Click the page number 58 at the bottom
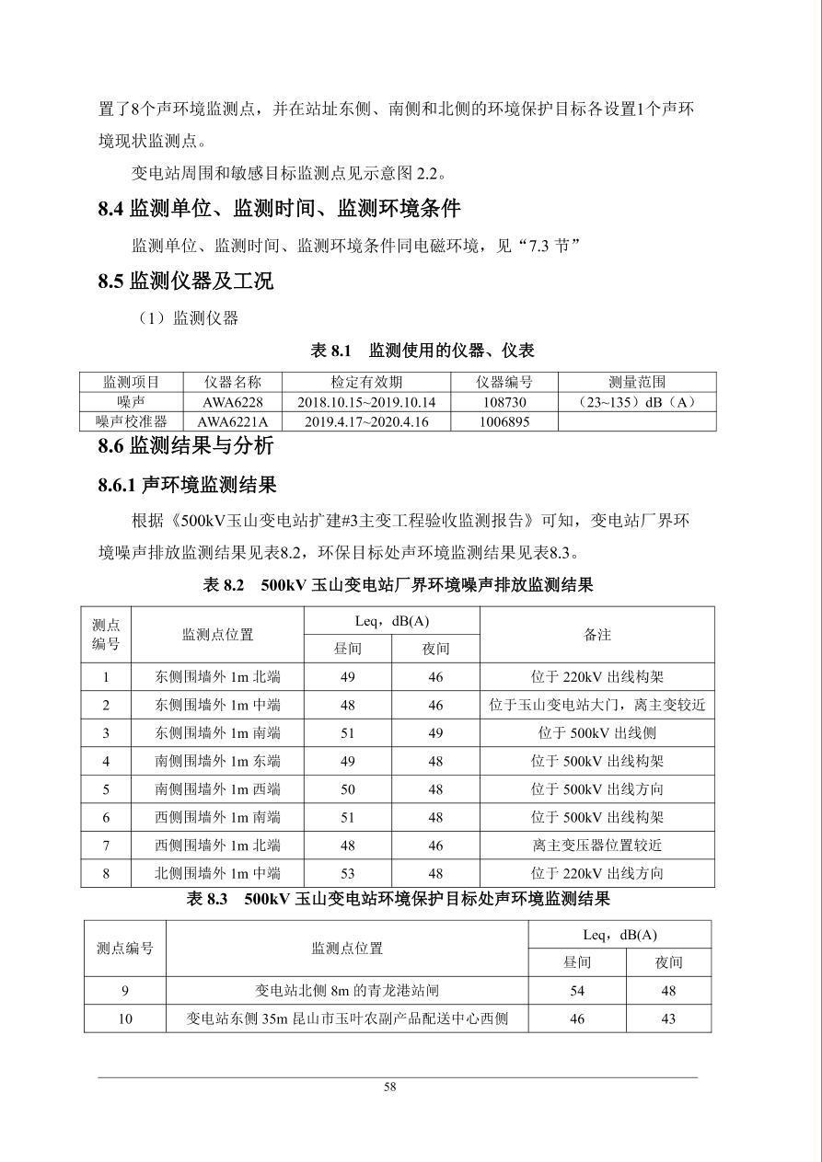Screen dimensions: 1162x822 point(390,1087)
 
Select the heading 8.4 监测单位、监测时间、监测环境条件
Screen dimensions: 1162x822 point(279,209)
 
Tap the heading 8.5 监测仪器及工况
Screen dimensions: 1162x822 point(186,282)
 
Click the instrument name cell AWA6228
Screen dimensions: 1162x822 point(233,402)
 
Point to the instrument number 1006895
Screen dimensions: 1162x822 point(504,421)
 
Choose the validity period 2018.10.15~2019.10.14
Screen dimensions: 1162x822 point(366,402)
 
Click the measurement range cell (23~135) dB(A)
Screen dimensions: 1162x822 point(636,402)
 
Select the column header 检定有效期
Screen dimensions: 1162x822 point(366,382)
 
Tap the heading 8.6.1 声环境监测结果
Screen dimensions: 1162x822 point(188,484)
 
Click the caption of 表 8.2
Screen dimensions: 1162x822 point(398,585)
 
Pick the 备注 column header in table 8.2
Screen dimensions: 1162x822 point(597,635)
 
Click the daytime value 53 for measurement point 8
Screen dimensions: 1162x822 point(348,873)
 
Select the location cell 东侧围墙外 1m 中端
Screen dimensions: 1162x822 point(217,706)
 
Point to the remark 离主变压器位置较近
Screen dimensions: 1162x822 point(597,846)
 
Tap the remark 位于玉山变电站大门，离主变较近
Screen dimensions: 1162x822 point(597,706)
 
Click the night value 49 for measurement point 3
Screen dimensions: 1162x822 point(435,733)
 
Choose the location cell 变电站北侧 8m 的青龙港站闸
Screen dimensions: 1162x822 point(347,991)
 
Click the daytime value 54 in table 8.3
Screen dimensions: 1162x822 point(577,991)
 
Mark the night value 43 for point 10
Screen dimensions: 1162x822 point(668,1018)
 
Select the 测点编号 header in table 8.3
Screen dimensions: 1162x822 point(125,948)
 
